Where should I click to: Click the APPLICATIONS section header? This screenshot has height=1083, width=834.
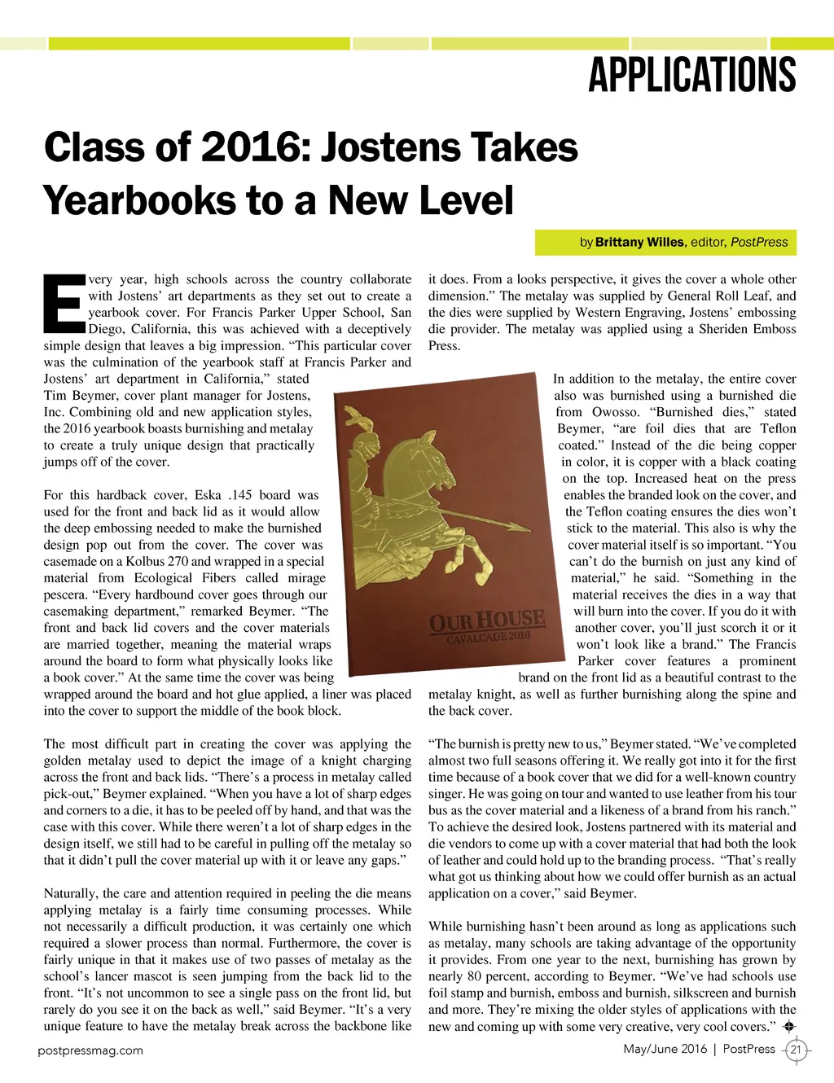point(692,76)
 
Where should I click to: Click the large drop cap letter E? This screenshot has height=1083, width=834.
point(63,304)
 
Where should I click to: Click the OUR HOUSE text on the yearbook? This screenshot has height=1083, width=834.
point(486,620)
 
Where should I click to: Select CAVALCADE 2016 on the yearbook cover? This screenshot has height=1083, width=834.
point(488,637)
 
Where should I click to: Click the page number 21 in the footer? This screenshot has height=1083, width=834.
point(796,1050)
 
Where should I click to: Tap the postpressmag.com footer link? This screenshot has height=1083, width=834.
point(90,1050)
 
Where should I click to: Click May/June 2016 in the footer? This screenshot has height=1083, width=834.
point(665,1049)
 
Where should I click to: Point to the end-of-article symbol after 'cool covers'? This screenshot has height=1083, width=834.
point(787,1026)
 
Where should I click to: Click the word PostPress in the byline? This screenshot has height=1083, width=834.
point(759,242)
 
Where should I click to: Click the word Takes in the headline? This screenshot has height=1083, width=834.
point(525,148)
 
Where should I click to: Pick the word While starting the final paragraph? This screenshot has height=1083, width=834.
point(446,927)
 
